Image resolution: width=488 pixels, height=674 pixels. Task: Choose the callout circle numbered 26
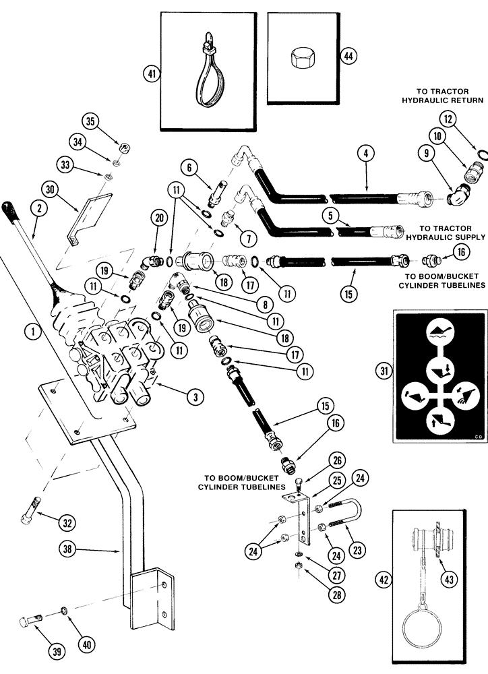click(318, 461)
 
